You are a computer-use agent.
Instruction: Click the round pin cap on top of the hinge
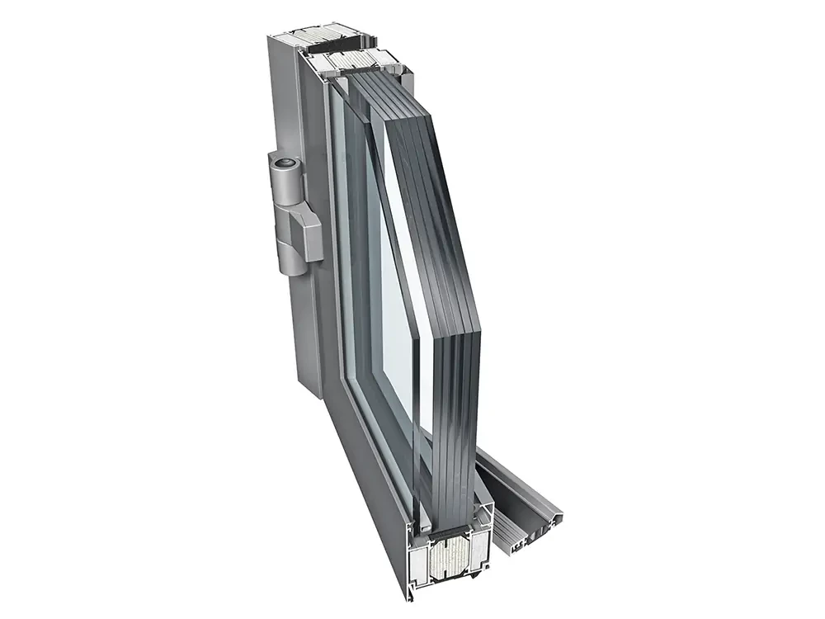285,163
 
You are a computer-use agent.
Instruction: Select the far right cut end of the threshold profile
564,517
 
